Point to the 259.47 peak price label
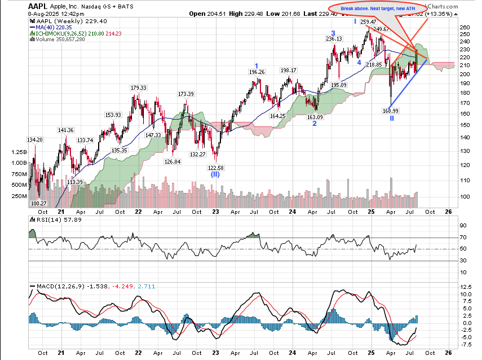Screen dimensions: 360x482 click(368, 22)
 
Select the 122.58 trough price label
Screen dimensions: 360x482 click(215, 168)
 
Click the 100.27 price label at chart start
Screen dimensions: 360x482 click(38, 203)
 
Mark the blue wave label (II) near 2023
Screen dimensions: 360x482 click(215, 175)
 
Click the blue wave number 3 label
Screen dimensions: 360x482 click(333, 33)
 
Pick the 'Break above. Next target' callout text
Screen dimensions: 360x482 click(378, 8)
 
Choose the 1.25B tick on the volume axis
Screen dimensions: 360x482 click(17, 152)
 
